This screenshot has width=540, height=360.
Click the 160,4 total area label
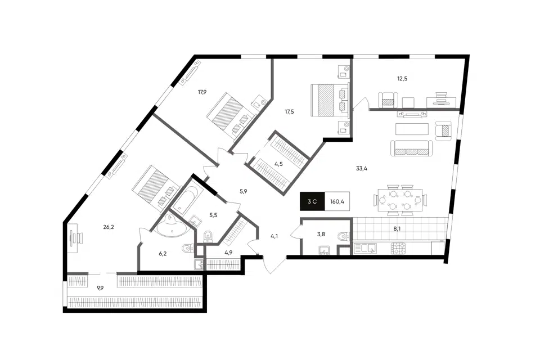(x=337, y=201)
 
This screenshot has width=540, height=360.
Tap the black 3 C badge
(x=312, y=201)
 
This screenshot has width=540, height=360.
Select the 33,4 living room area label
(x=361, y=168)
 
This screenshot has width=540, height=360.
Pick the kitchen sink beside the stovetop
(x=366, y=249)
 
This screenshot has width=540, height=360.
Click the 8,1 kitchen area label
(x=397, y=228)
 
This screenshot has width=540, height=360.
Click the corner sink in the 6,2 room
(x=171, y=226)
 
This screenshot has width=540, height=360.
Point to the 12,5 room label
(x=402, y=79)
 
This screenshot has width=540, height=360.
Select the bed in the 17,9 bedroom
(x=229, y=115)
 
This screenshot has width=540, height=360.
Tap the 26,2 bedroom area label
(x=109, y=227)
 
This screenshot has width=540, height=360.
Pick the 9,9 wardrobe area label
(x=100, y=289)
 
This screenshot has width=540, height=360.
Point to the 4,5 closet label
(x=278, y=164)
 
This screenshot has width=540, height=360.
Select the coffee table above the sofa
(x=412, y=129)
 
